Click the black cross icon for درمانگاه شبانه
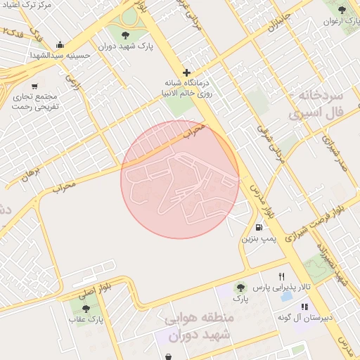tap(186, 72)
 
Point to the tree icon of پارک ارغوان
tap(342, 10)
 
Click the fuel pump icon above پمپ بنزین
tap(260, 227)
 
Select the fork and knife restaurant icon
tap(282, 276)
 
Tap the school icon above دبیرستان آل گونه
tap(304, 307)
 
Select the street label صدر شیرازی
tap(336, 150)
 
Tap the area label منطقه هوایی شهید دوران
tap(199, 327)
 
